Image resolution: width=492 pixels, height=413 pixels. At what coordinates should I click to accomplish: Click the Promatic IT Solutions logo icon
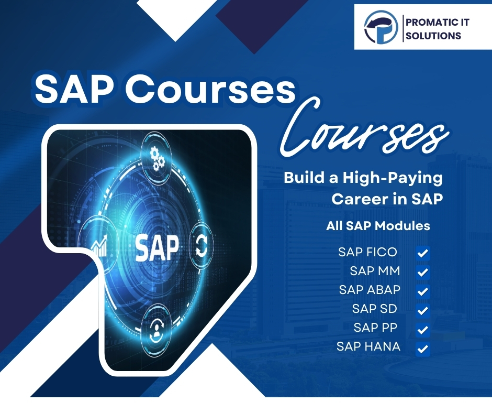click(x=381, y=27)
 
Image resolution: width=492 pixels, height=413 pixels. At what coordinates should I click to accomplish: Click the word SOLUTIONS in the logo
click(x=433, y=36)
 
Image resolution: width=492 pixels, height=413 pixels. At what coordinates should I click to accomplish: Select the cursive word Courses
click(x=364, y=130)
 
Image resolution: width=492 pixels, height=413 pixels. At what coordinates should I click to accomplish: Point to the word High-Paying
click(x=393, y=178)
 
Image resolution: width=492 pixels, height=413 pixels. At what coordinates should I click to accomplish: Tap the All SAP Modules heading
click(x=378, y=226)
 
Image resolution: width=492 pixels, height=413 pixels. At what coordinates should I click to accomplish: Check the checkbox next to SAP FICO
click(x=423, y=253)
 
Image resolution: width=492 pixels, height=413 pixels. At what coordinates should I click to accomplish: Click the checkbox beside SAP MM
click(x=423, y=272)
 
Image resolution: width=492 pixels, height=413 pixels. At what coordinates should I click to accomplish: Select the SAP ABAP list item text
click(x=370, y=289)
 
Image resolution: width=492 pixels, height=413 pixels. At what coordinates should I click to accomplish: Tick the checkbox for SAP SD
click(x=423, y=310)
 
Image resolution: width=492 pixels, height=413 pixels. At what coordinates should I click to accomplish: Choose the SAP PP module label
click(x=375, y=328)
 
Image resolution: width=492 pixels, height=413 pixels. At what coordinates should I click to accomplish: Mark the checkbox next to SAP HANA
click(x=423, y=349)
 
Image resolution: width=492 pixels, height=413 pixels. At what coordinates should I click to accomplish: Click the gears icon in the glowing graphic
click(x=157, y=158)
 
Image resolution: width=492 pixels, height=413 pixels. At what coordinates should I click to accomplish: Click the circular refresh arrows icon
click(x=201, y=246)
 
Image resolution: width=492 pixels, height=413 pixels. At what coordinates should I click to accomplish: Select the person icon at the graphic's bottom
click(x=156, y=331)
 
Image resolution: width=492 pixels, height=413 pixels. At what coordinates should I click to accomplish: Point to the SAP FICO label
click(x=367, y=252)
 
